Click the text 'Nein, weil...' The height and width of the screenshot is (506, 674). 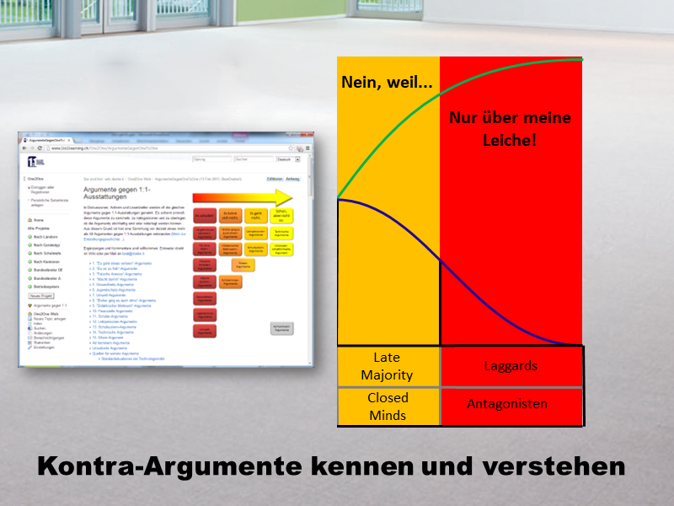coord(387,83)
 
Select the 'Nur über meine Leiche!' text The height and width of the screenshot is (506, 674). coord(510,128)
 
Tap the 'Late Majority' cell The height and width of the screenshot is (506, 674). coord(388,366)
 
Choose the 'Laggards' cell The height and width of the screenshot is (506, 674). coord(511,366)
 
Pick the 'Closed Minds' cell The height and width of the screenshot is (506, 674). coord(388,406)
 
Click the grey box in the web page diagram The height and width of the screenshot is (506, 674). coord(281,328)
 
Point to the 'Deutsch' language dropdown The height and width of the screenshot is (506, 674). coord(285,159)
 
